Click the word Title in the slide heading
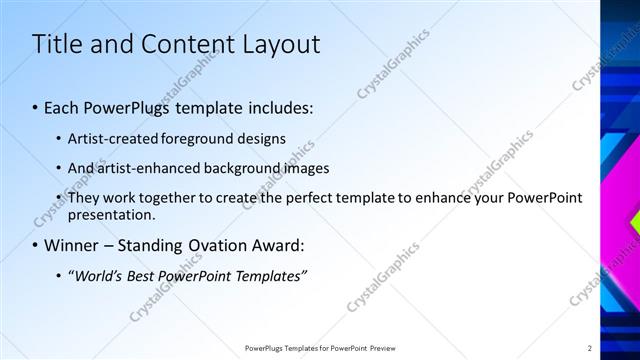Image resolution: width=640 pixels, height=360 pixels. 56,44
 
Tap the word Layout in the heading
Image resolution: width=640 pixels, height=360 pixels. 281,44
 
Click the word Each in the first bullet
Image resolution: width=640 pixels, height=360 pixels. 63,107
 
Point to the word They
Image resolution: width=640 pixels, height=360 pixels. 83,198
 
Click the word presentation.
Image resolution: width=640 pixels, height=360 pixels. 111,214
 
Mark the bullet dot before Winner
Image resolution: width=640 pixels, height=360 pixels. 36,246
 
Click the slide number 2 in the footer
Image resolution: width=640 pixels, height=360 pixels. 590,348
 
